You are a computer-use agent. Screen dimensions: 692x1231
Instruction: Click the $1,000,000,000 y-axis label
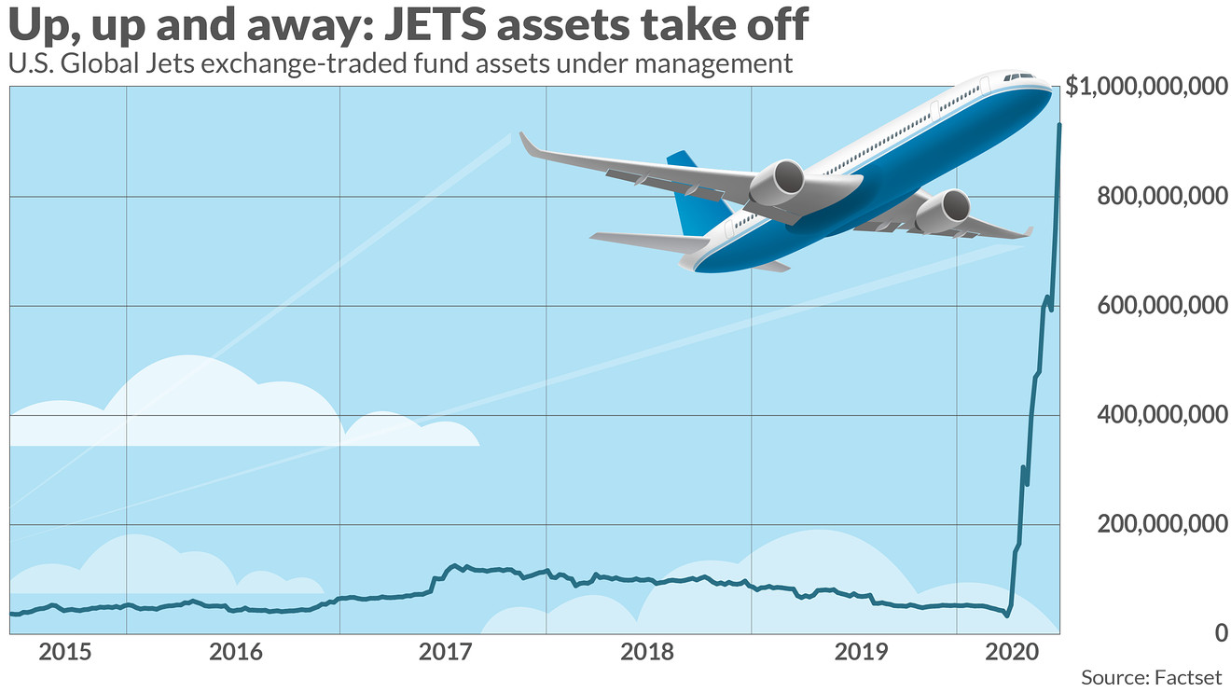(1146, 88)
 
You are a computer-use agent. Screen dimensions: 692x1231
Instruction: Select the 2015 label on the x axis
(66, 651)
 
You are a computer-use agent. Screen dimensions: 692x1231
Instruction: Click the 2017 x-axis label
(442, 651)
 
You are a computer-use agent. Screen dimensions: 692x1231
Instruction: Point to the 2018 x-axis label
(648, 651)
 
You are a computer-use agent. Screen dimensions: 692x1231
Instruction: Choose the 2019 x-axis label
(857, 651)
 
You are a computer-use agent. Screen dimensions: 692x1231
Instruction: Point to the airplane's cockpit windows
(1018, 76)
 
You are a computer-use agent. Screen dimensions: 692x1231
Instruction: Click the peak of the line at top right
(1058, 124)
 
